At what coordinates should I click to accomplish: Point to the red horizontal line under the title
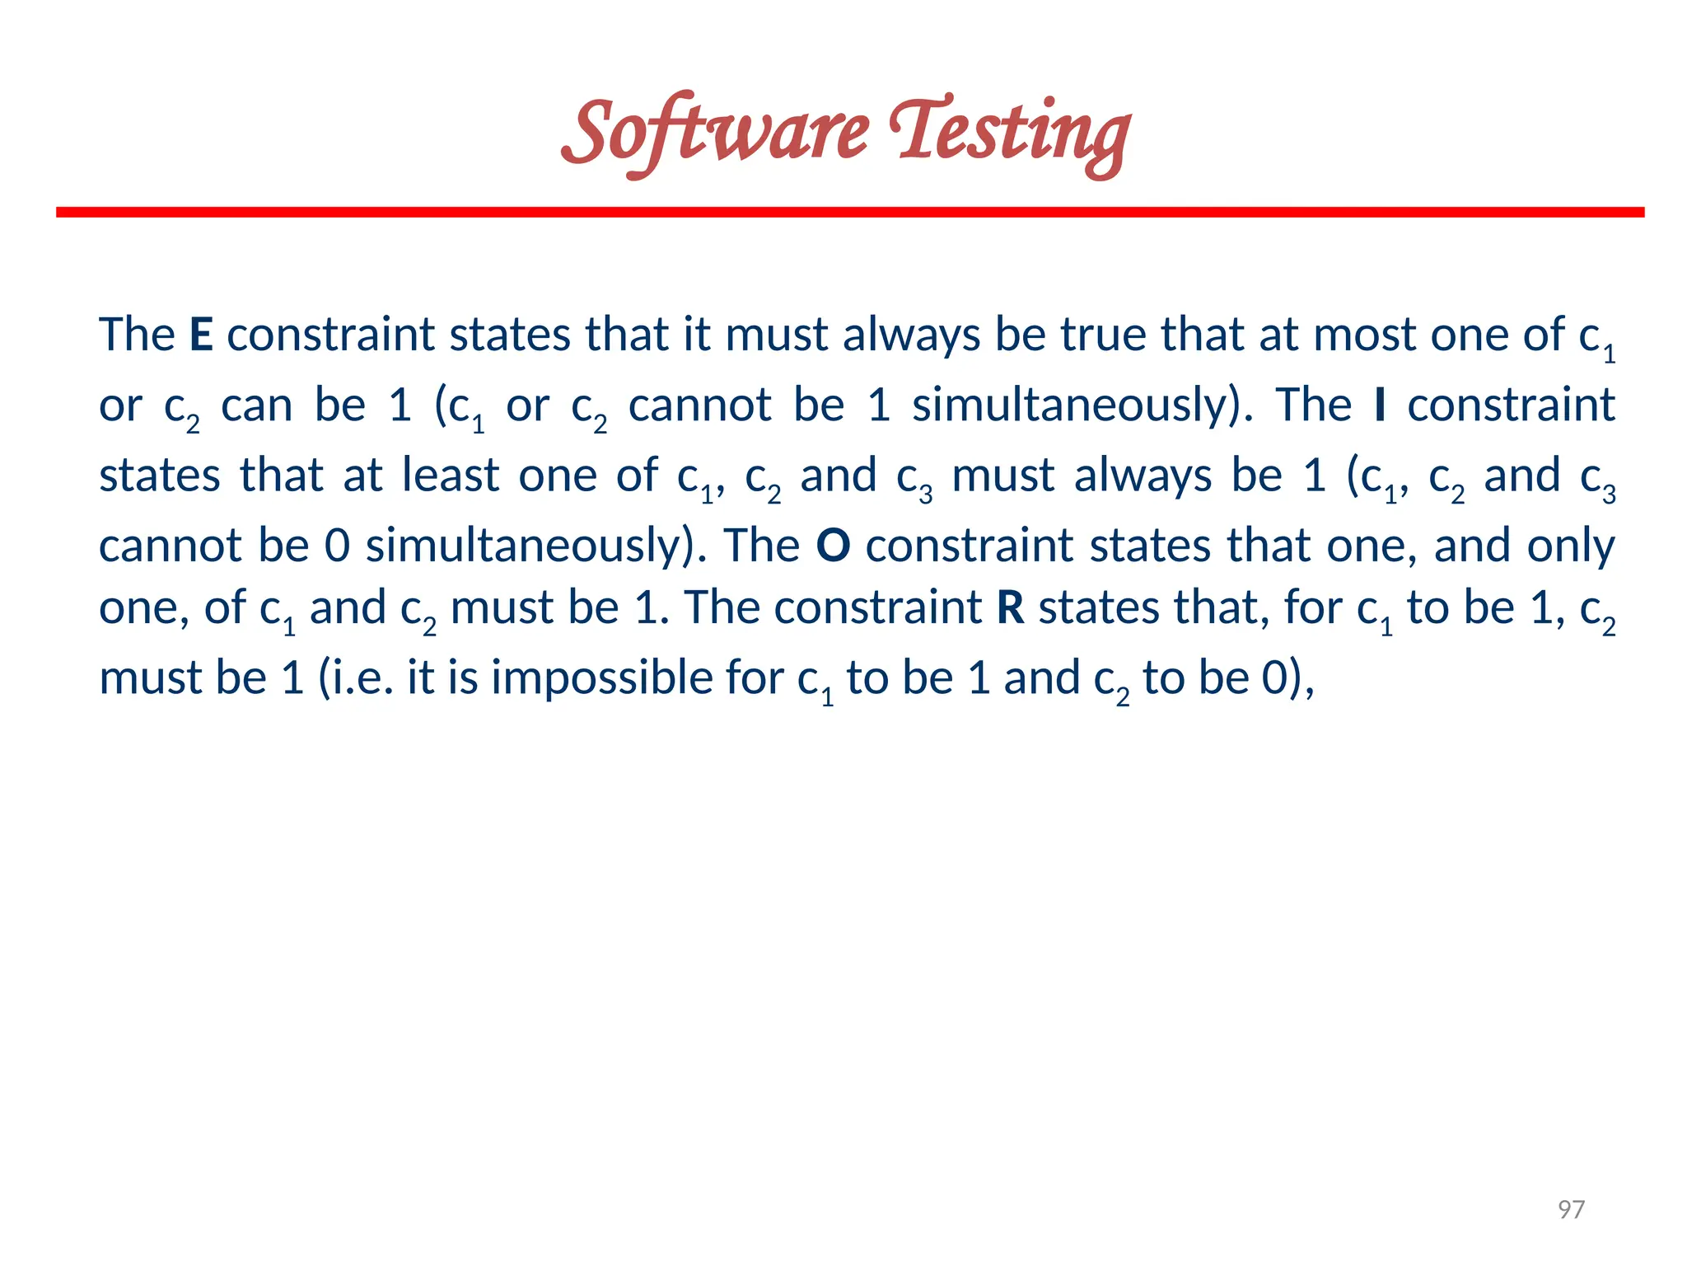[850, 213]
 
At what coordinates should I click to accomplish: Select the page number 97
[1571, 1209]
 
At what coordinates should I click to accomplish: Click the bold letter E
[201, 335]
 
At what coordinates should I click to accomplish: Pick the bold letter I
[1381, 406]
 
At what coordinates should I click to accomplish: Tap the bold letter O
[833, 546]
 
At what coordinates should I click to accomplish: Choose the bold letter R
[1011, 608]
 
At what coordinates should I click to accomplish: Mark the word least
[451, 476]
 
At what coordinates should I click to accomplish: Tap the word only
[1570, 546]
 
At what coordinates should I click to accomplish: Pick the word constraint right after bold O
[970, 546]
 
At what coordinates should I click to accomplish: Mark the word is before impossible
[463, 678]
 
